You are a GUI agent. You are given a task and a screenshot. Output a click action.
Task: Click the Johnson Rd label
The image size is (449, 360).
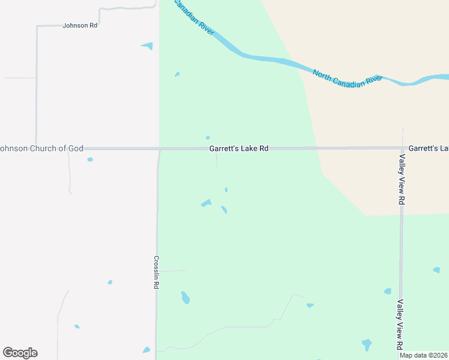(80, 26)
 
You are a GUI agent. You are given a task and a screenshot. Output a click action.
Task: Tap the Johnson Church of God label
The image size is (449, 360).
(41, 148)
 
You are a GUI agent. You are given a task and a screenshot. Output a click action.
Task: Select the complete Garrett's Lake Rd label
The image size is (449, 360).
(238, 148)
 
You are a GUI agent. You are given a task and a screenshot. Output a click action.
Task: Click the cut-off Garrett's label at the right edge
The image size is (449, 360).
(429, 148)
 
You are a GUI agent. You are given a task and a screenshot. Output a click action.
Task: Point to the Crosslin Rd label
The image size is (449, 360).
(155, 273)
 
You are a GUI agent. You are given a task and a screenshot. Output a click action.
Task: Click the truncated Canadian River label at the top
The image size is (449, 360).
(194, 17)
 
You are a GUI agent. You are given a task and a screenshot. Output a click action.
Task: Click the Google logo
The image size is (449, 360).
(20, 353)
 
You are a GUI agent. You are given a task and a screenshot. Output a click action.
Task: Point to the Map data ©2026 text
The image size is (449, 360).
(424, 355)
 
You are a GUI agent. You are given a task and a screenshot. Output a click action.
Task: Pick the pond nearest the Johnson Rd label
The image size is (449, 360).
(148, 46)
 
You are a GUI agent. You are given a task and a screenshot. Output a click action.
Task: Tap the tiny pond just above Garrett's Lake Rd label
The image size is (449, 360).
(208, 137)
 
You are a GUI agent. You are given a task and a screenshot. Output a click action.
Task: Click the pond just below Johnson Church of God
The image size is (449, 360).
(90, 160)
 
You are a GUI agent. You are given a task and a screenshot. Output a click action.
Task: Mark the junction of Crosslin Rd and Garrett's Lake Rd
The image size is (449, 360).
(159, 148)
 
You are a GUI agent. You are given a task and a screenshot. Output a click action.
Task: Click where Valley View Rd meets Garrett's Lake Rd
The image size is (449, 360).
(402, 148)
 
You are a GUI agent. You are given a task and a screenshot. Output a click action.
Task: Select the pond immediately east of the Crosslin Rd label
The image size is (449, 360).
(185, 298)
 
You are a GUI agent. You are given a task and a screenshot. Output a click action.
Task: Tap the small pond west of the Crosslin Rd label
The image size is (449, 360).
(110, 282)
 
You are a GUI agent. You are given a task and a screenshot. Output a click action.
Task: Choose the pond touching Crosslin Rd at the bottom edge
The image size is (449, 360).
(146, 350)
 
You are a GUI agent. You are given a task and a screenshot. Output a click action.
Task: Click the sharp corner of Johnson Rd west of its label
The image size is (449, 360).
(37, 26)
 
